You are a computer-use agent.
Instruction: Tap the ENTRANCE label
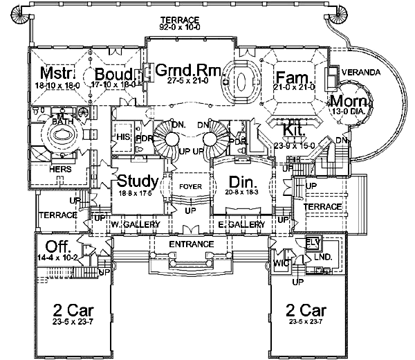[190, 245]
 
